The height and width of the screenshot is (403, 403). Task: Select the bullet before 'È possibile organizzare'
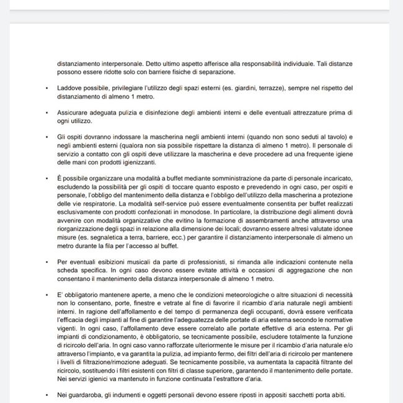point(47,178)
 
